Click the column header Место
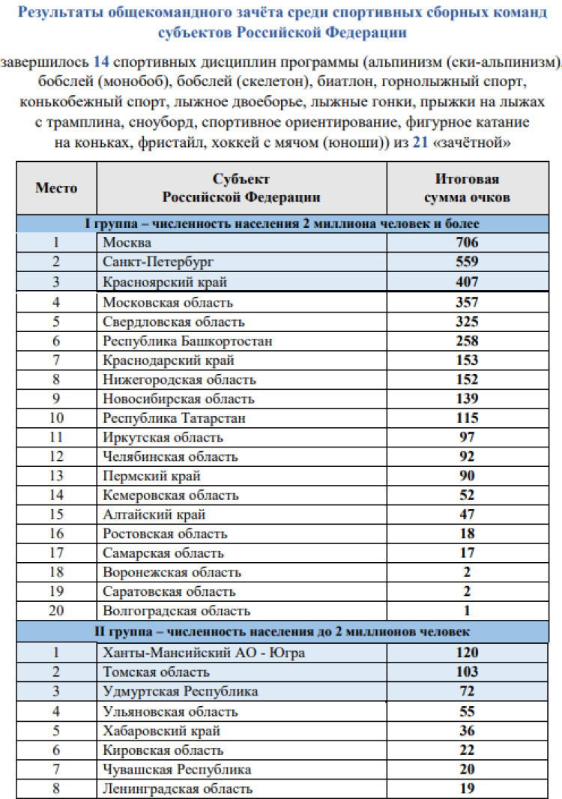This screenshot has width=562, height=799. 56,187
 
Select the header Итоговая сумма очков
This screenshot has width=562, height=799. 467,188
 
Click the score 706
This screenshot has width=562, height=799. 467,242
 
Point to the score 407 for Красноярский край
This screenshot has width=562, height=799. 467,283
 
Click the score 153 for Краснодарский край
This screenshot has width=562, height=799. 467,361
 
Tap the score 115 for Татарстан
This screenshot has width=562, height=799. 467,418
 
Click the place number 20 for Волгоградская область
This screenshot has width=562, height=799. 56,611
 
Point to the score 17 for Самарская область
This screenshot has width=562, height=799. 467,553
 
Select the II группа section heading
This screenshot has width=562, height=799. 282,631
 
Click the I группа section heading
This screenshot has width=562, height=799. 282,223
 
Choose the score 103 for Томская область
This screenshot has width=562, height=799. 467,672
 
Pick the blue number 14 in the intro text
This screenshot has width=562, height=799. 102,61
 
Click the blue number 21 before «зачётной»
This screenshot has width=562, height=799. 421,142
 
